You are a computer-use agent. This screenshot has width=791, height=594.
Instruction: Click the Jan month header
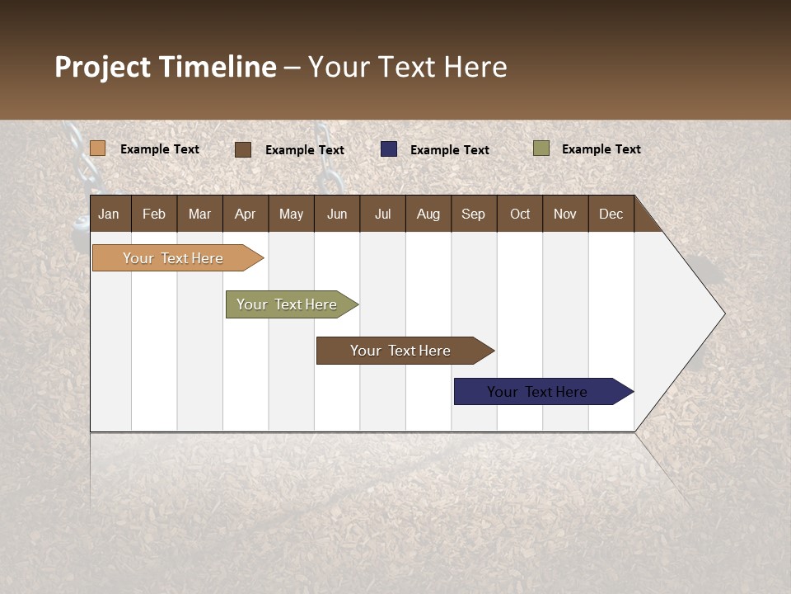110,214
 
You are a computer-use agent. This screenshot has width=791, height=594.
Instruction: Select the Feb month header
154,214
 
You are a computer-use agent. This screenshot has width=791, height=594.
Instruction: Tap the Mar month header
199,214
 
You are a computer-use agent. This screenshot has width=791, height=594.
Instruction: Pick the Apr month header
245,214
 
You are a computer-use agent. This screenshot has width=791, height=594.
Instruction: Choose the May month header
291,214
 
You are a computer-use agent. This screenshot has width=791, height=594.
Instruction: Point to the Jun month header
337,214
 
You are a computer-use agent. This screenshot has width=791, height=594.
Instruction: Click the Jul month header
382,214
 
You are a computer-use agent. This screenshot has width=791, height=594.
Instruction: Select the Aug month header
428,214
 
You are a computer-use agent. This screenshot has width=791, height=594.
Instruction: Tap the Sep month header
473,214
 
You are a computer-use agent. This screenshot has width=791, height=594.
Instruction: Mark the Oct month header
520,214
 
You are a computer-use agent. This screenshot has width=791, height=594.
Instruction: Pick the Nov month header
564,214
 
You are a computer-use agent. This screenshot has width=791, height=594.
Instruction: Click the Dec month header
611,214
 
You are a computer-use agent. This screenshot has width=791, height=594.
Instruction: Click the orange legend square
98,148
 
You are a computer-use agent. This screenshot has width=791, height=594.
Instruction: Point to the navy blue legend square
389,149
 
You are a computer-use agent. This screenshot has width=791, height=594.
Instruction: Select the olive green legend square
541,148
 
